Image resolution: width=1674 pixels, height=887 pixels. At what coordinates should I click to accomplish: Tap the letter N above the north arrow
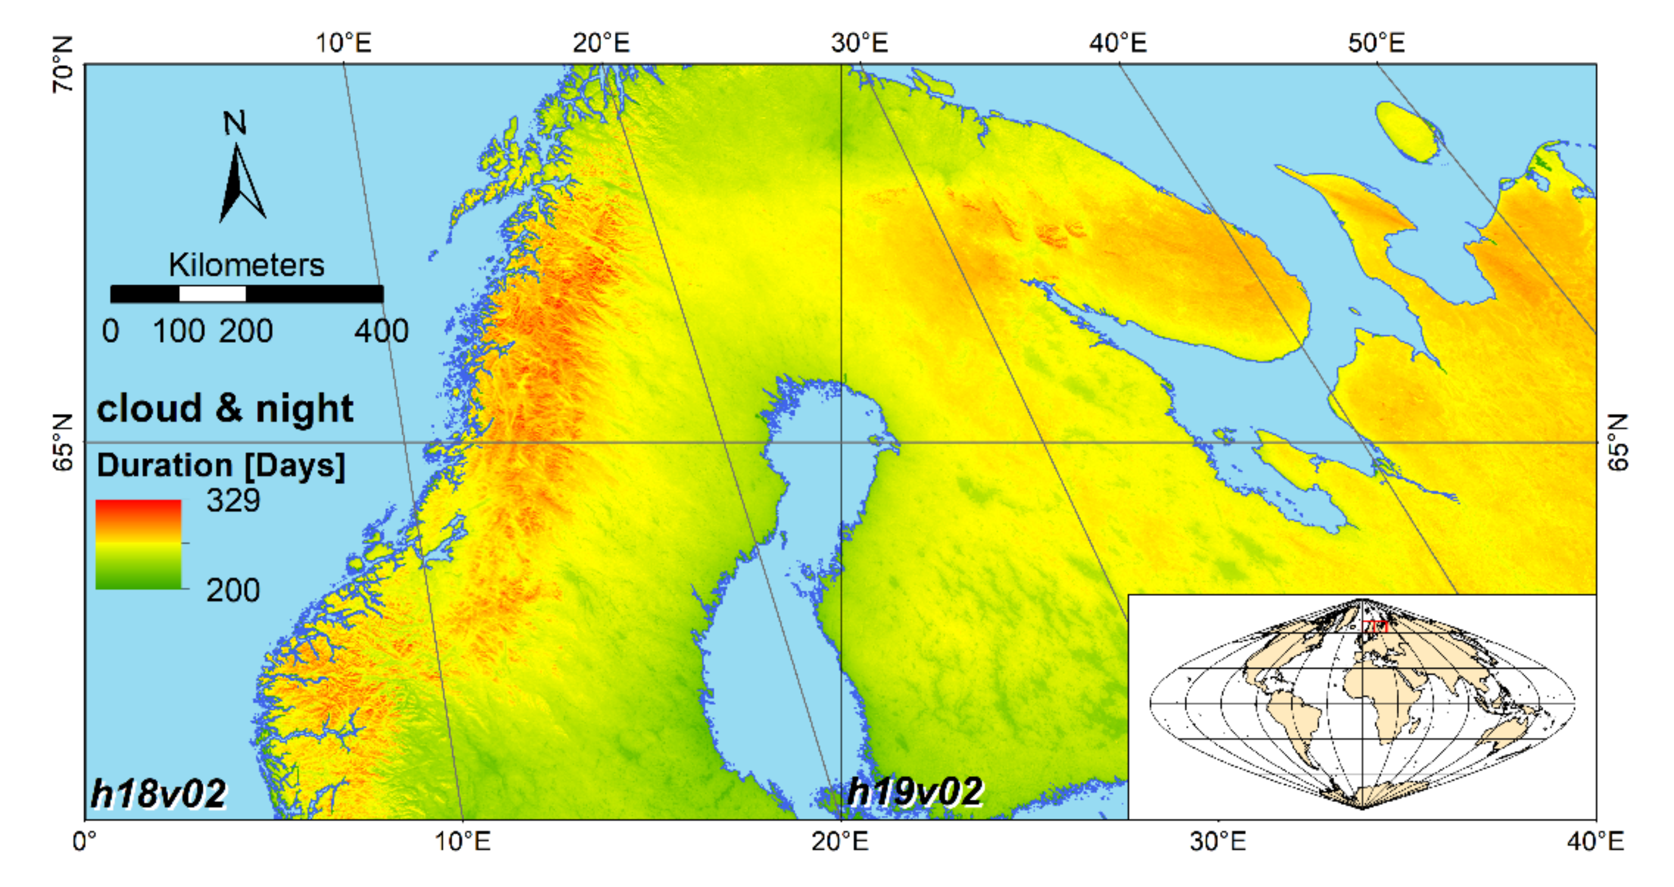click(235, 123)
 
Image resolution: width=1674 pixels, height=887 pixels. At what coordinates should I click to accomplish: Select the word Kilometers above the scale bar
click(246, 265)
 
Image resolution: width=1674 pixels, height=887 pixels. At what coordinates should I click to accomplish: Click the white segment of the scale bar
click(212, 295)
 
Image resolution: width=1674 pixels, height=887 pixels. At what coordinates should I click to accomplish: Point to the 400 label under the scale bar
click(381, 331)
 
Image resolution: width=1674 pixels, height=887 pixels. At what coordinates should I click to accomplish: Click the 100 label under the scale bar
click(179, 331)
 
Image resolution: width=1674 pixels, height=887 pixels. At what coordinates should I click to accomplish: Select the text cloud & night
click(225, 409)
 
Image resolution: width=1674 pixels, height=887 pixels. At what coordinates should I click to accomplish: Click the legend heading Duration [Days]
click(221, 466)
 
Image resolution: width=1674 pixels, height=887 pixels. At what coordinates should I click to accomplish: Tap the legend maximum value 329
click(232, 501)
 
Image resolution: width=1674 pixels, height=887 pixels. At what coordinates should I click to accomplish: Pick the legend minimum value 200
click(232, 590)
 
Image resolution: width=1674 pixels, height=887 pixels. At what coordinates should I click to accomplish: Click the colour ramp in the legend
click(138, 545)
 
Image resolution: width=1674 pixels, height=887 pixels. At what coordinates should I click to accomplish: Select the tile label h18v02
click(158, 793)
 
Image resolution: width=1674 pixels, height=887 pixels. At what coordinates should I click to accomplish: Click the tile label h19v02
click(915, 792)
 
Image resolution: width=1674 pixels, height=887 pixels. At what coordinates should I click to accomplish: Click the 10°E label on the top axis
click(343, 44)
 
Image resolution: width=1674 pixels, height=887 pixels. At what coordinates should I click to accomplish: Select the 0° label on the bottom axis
click(85, 842)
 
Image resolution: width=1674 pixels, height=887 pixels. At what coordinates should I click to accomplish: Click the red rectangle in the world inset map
click(1374, 626)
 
